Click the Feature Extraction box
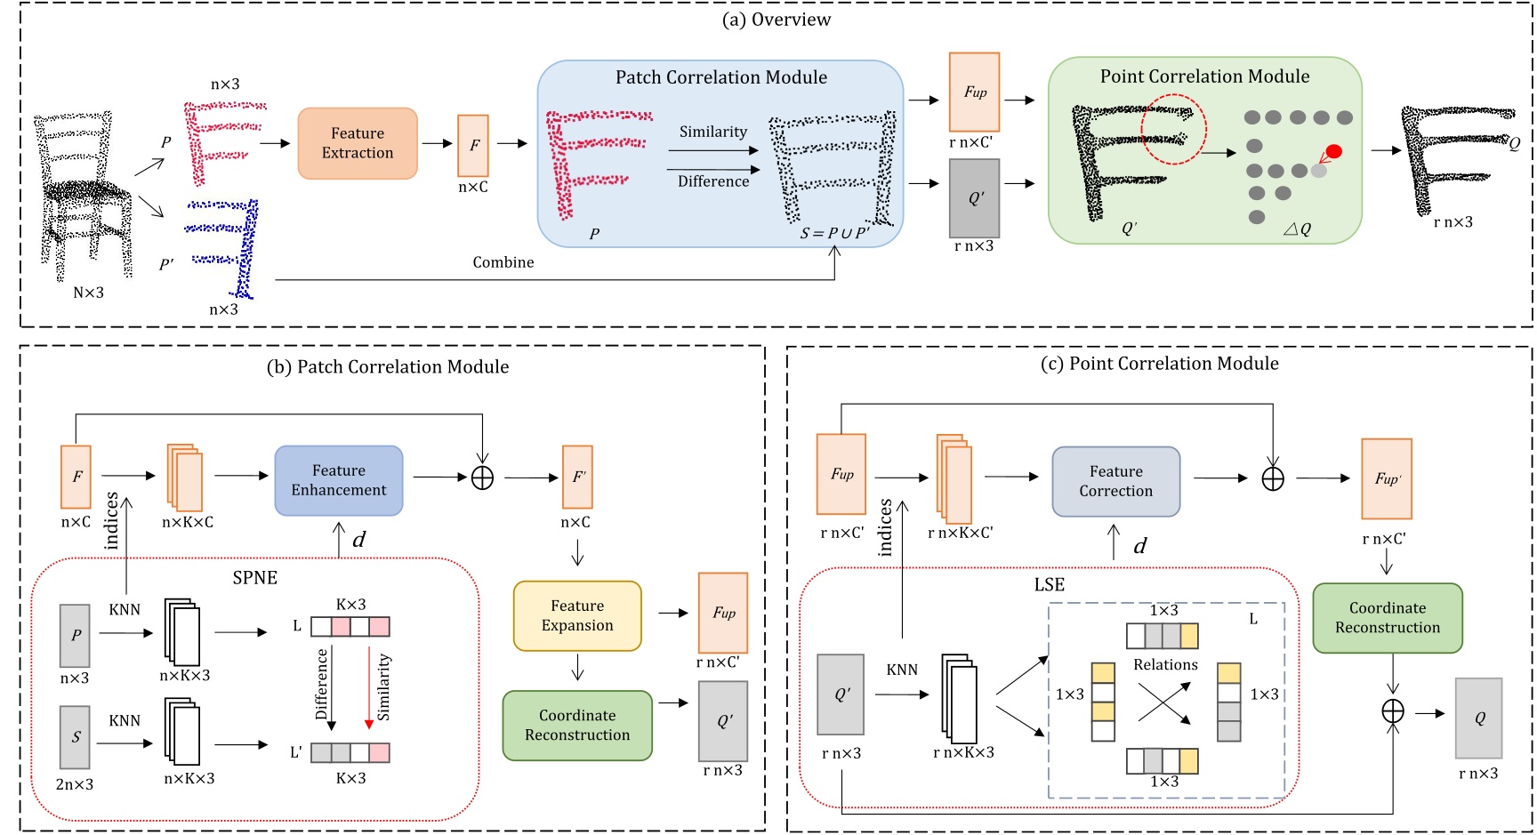pos(358,143)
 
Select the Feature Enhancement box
pos(339,480)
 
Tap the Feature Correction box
pos(1115,481)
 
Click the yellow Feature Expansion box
pos(577,615)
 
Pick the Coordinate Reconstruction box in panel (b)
pos(577,725)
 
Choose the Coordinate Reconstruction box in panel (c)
pos(1387,617)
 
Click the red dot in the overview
pos(1333,151)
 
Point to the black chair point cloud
pos(84,196)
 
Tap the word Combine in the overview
pos(503,262)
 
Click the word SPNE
pos(255,578)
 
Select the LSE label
pos(1049,584)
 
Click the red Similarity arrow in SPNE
pos(369,685)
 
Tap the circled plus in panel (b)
pos(482,478)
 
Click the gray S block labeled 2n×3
pos(75,736)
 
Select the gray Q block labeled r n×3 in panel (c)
pos(1478,718)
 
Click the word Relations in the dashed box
pos(1165,664)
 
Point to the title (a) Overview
pos(776,20)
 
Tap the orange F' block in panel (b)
pos(578,477)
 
